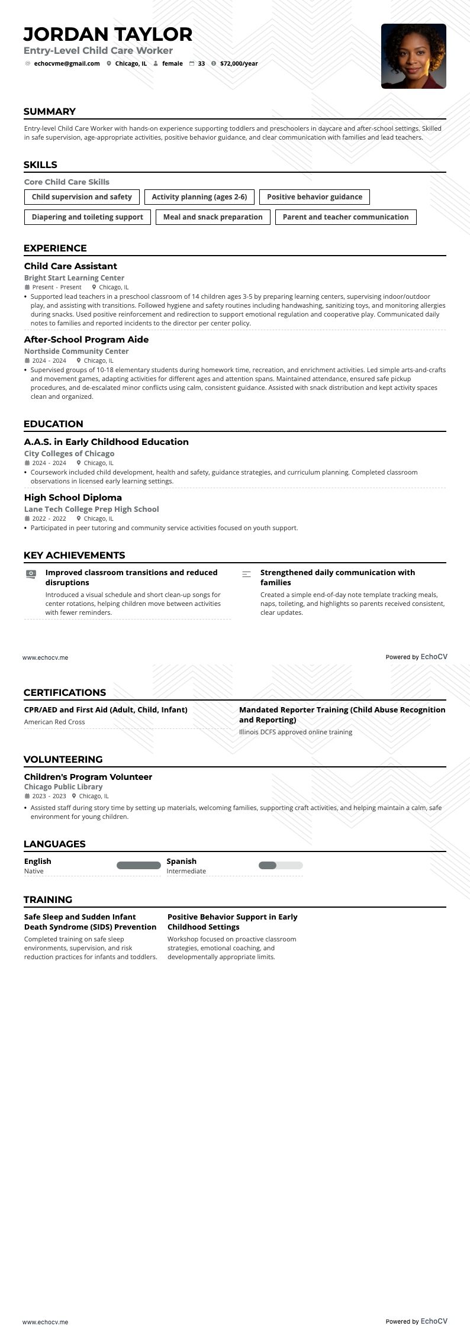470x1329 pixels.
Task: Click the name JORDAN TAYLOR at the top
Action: click(108, 34)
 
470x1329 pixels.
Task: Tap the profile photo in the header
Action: click(413, 56)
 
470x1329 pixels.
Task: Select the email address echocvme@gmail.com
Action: click(67, 64)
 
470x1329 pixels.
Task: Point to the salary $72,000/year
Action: click(239, 64)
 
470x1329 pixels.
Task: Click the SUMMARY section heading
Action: click(50, 112)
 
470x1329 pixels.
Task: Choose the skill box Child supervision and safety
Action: click(82, 197)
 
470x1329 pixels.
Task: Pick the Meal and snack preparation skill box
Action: click(213, 217)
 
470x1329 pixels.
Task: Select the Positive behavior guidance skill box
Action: click(314, 197)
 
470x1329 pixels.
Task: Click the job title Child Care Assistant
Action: click(70, 266)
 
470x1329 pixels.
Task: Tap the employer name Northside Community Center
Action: click(76, 351)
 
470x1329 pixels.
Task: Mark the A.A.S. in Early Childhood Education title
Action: click(107, 442)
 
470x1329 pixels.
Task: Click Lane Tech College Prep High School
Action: click(92, 509)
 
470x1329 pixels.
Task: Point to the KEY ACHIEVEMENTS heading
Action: click(74, 556)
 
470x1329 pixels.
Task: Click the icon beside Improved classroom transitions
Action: click(31, 574)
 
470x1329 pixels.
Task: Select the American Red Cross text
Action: click(54, 722)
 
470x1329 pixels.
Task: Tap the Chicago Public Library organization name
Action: click(63, 787)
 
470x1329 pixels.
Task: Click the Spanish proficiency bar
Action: click(281, 866)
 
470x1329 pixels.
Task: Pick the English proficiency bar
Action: click(139, 866)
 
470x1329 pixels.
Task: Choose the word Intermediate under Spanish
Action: click(186, 872)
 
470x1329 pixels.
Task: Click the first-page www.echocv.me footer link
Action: click(46, 657)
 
